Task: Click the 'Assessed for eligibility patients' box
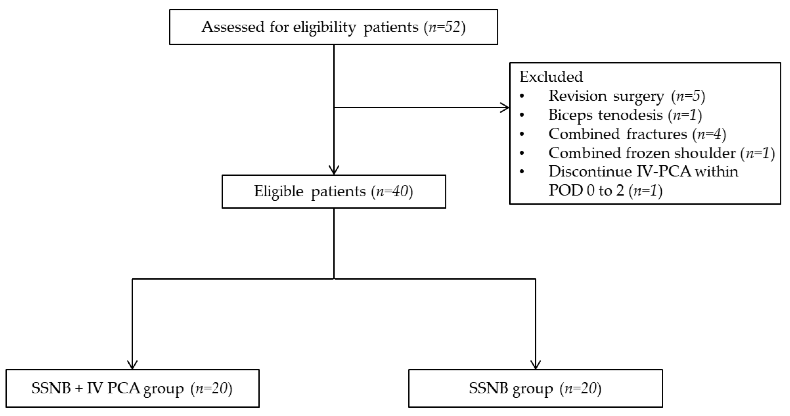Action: (x=333, y=27)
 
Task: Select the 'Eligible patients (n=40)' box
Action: (x=333, y=192)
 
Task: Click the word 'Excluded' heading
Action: (x=551, y=77)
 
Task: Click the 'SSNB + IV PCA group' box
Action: (x=132, y=388)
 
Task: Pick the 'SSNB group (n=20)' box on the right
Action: (x=535, y=388)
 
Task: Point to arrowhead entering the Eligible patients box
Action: (x=334, y=170)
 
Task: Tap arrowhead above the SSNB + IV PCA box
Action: (x=132, y=365)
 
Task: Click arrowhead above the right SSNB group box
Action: (x=535, y=365)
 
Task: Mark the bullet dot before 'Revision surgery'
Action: (x=522, y=96)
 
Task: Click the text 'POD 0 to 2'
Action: (x=586, y=191)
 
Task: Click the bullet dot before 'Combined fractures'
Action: (x=522, y=134)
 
